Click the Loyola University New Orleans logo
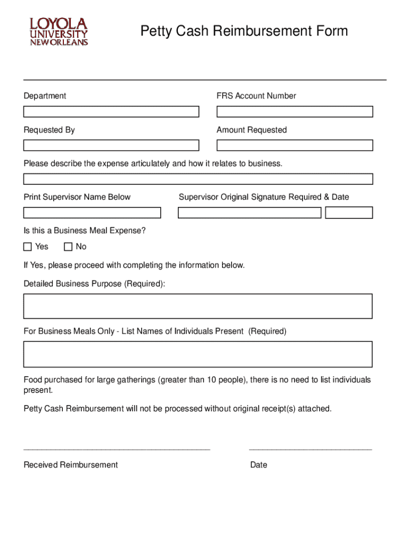click(x=59, y=32)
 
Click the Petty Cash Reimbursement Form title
click(x=244, y=31)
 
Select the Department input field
click(x=111, y=112)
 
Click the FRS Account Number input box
click(x=294, y=112)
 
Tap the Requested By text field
click(x=111, y=145)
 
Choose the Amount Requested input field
click(x=294, y=145)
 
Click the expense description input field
click(x=198, y=179)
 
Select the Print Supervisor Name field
click(x=92, y=213)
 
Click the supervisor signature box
click(x=249, y=213)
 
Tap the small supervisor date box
click(x=349, y=213)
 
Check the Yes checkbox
click(x=28, y=247)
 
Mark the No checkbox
click(x=68, y=247)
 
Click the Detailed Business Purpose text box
click(x=198, y=306)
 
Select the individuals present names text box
click(x=198, y=354)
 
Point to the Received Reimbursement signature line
click(x=117, y=450)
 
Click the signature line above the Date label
click(x=310, y=450)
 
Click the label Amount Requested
click(x=251, y=130)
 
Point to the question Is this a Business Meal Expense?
click(x=85, y=230)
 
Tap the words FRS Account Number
click(x=256, y=96)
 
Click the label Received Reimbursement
click(x=71, y=465)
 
